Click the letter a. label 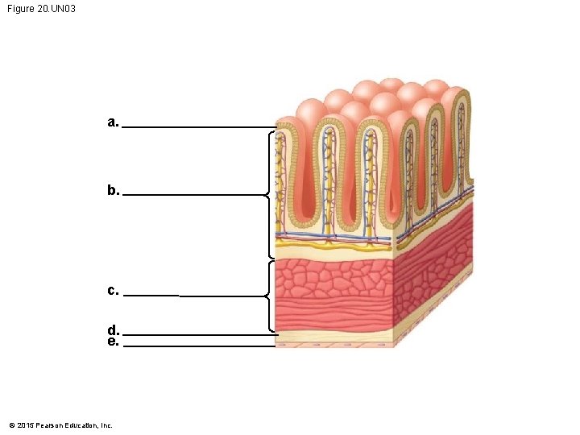coord(113,122)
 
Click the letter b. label coord(113,191)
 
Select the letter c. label coord(113,290)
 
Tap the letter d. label coord(113,330)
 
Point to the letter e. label coord(113,342)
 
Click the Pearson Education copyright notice coord(60,425)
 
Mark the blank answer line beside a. coord(197,127)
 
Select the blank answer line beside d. coord(197,334)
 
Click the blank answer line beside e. coord(197,346)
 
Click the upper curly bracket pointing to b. coord(269,194)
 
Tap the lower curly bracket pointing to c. coord(269,296)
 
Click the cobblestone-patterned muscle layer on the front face coord(332,278)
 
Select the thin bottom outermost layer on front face coord(332,344)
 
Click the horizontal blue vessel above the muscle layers coord(332,236)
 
